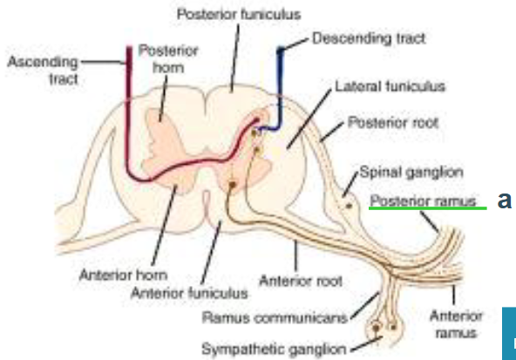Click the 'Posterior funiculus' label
tap(239, 15)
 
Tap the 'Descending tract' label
tap(369, 38)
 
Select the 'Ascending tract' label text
tap(43, 71)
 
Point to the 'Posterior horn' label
tap(168, 59)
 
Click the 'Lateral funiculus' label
tap(390, 86)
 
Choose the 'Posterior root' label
tap(393, 123)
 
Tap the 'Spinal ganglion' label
tap(411, 172)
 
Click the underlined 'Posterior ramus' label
tap(423, 200)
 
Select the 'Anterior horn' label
tap(124, 275)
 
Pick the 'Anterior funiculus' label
tap(189, 293)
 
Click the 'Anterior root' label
tap(301, 281)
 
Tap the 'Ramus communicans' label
tap(275, 318)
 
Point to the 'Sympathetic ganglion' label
tap(274, 349)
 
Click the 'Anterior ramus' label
tap(456, 324)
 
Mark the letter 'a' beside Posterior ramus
tap(505, 200)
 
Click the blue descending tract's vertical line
tap(280, 88)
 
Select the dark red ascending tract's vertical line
tap(129, 109)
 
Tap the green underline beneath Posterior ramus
tap(427, 208)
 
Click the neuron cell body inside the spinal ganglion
tap(349, 206)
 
